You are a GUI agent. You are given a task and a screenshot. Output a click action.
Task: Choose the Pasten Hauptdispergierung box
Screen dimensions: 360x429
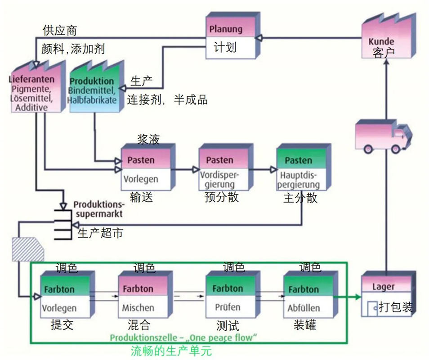coord(300,170)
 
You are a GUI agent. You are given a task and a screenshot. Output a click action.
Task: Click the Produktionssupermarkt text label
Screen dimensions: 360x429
coord(98,208)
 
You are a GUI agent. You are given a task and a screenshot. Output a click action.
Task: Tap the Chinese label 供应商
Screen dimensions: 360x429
coord(60,31)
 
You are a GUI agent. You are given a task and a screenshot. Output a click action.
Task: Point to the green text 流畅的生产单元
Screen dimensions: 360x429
coord(171,351)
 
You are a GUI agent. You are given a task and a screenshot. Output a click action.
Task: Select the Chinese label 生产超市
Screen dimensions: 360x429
coord(100,233)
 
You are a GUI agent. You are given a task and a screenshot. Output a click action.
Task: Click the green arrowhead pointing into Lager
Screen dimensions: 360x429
coord(357,297)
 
